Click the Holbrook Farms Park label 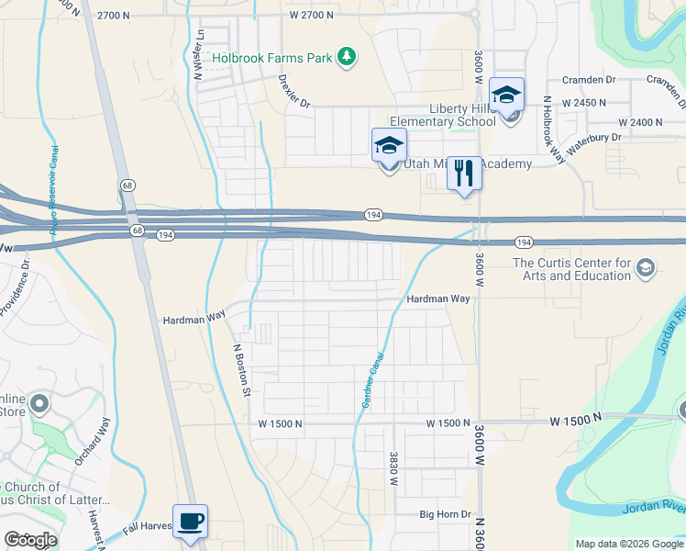[x=272, y=58]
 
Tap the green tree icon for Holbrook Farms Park [x=347, y=58]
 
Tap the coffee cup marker [x=190, y=522]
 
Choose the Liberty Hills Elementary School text [x=442, y=115]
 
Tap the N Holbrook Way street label [x=553, y=129]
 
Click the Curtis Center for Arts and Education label [x=571, y=269]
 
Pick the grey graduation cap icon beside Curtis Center [x=646, y=268]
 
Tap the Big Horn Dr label [x=446, y=515]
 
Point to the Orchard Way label [x=93, y=442]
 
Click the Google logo [x=30, y=540]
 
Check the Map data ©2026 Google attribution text [x=629, y=544]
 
